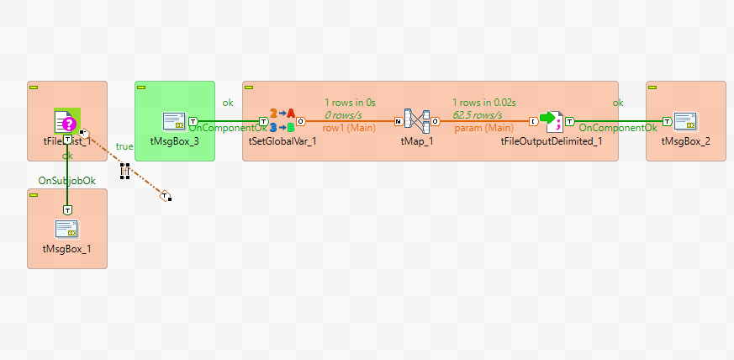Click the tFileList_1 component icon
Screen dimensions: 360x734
(x=66, y=121)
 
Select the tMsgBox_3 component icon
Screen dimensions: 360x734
(x=174, y=121)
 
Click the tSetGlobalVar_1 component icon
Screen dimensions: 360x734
(x=283, y=121)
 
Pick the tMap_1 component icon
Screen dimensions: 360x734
(x=417, y=121)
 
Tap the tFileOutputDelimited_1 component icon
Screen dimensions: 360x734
(x=551, y=121)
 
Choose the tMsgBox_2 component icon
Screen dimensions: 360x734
(x=685, y=121)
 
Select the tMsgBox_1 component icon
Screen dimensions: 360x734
(x=66, y=229)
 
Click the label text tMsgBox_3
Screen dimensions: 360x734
(x=174, y=141)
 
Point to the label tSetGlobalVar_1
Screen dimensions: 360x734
(x=283, y=141)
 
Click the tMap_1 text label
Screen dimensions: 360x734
(x=417, y=141)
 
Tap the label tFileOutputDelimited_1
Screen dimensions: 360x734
(x=551, y=141)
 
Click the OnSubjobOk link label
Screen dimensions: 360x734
(x=67, y=180)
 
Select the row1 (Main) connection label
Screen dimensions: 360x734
(x=349, y=128)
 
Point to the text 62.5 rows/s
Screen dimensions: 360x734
(x=477, y=114)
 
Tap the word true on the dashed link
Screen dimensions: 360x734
(x=124, y=146)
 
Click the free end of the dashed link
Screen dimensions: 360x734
(x=166, y=197)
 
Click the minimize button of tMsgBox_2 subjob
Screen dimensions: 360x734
(x=653, y=87)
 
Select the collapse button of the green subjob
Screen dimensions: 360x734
(x=142, y=87)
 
